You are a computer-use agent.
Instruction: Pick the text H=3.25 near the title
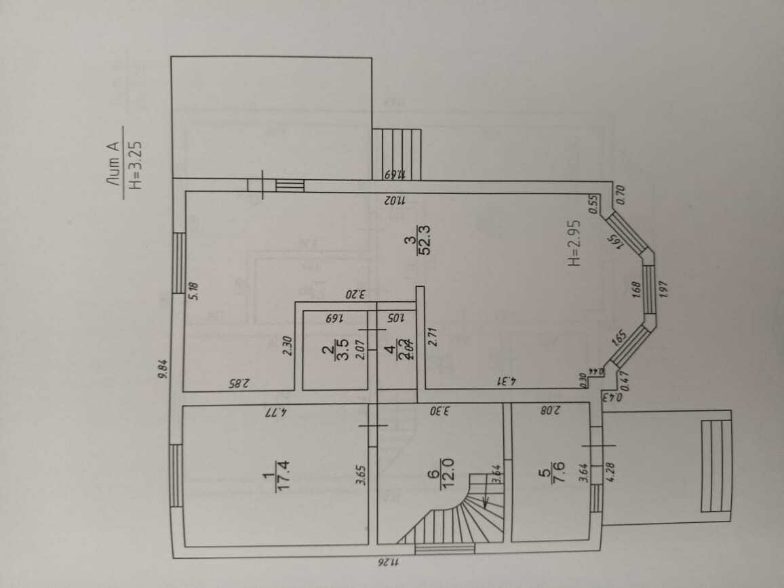pos(133,163)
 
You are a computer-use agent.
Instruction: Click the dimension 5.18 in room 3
pos(194,292)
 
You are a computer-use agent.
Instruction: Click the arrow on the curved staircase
pos(486,501)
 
